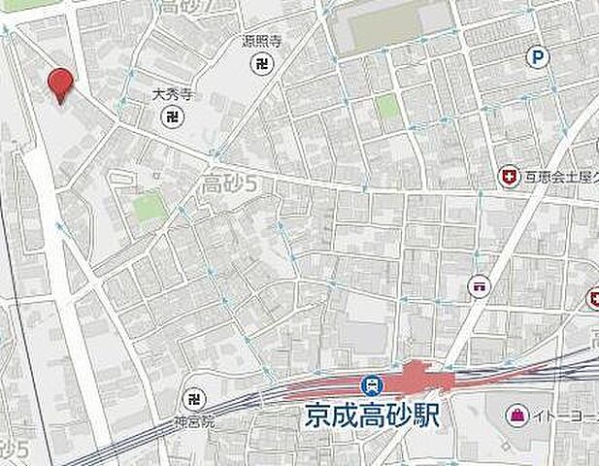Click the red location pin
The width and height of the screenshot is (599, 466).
pyautogui.click(x=60, y=84)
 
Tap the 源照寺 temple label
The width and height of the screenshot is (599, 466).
pyautogui.click(x=261, y=43)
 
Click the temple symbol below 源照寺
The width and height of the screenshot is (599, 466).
pyautogui.click(x=261, y=65)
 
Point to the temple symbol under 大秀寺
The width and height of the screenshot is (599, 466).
pyautogui.click(x=171, y=117)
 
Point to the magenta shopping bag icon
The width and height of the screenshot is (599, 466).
pyautogui.click(x=516, y=416)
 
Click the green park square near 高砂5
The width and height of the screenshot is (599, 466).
pyautogui.click(x=149, y=206)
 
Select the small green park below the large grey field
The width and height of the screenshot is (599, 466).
pyautogui.click(x=388, y=106)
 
